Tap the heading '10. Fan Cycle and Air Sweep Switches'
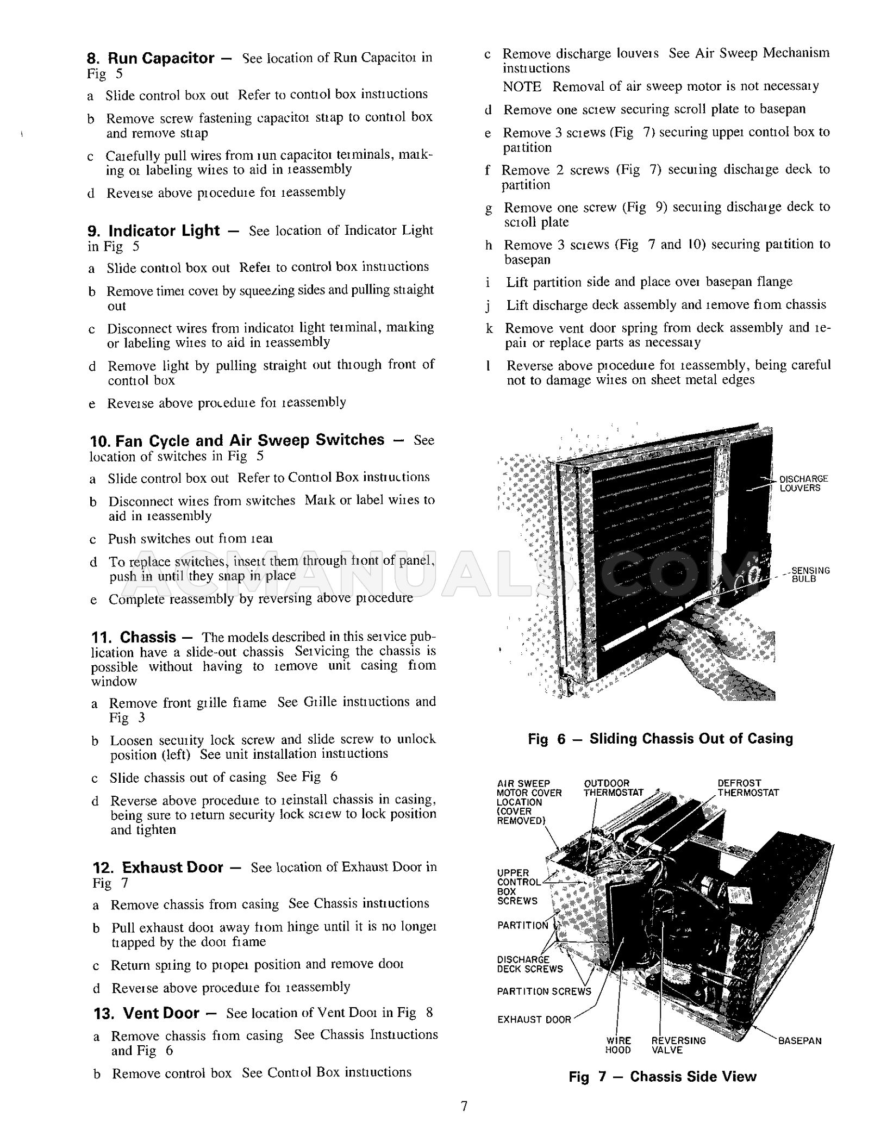pos(237,440)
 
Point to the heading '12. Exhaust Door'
pos(158,867)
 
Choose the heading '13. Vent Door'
pos(147,1013)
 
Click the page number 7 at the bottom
pos(464,1106)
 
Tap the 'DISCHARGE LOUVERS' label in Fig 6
pos(803,483)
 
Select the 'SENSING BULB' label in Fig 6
pos(810,575)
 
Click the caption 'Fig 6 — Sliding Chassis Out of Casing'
pos(660,739)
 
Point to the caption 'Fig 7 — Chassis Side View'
pos(663,1077)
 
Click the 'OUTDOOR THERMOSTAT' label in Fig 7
pos(613,788)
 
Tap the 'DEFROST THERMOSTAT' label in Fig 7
pos(748,788)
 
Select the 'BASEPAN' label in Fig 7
pos(799,1041)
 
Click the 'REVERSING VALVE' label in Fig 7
pos(678,1045)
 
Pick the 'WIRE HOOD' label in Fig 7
pos(619,1045)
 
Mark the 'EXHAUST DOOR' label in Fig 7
pos(534,1020)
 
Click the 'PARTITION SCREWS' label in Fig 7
pos(544,991)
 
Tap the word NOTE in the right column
pos(522,86)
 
